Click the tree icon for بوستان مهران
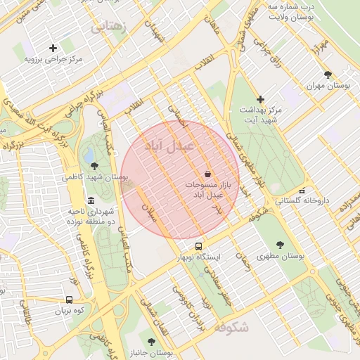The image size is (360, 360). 328,74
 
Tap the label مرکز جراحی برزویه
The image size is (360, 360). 54,59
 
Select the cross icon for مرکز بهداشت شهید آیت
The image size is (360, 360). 261,99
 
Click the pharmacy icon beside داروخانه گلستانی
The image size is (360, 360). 302,190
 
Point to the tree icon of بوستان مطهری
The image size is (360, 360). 280,245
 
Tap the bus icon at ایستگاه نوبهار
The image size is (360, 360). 199,247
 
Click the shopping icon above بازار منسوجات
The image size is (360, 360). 208,173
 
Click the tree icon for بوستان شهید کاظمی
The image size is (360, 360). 95,166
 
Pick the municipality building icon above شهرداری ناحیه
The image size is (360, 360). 91,200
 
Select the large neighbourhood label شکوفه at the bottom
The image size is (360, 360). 231,328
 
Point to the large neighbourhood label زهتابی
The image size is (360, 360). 110,27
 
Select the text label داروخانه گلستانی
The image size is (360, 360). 302,201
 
